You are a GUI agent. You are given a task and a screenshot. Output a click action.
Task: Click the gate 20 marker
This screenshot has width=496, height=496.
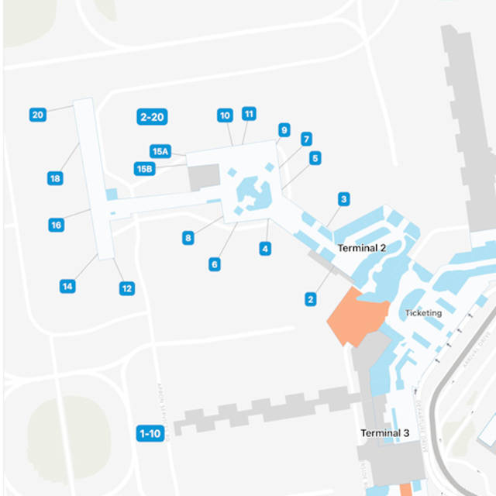point(37,115)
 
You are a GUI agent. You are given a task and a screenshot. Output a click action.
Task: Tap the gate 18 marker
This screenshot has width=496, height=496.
point(55,178)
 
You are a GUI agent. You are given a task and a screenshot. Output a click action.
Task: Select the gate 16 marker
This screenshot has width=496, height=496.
point(56,225)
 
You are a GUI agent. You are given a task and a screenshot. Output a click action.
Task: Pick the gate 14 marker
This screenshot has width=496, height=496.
point(67,286)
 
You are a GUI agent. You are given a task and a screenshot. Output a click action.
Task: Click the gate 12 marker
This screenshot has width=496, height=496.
point(126,288)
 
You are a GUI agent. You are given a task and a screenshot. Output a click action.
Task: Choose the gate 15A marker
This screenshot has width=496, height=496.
point(160,152)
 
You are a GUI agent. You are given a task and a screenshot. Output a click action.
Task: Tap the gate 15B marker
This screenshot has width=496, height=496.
point(144,168)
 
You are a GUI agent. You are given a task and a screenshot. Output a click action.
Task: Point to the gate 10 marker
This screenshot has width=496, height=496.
point(225,115)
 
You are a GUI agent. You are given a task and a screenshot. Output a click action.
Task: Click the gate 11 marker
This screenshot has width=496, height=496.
point(249,113)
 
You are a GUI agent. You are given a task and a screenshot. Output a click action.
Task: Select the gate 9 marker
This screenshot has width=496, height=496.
point(284,130)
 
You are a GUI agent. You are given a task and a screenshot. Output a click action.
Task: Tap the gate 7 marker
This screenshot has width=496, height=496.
point(307,139)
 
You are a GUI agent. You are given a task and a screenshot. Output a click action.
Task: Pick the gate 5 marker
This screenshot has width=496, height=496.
point(315,157)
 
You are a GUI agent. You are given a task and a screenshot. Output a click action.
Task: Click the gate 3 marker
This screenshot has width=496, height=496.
point(343,199)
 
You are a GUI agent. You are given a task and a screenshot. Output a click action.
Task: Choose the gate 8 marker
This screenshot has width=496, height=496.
point(188,238)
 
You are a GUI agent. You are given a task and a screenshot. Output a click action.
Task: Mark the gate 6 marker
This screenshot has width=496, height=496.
point(214,264)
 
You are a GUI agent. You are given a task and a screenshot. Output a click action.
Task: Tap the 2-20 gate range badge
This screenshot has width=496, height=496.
point(151,117)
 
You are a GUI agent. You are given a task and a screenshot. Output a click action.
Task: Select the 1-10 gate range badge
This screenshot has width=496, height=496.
point(150,433)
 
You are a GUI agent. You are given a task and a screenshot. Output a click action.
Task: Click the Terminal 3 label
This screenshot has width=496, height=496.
point(384,433)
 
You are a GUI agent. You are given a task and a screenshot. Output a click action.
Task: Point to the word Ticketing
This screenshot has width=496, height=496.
point(423,313)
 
